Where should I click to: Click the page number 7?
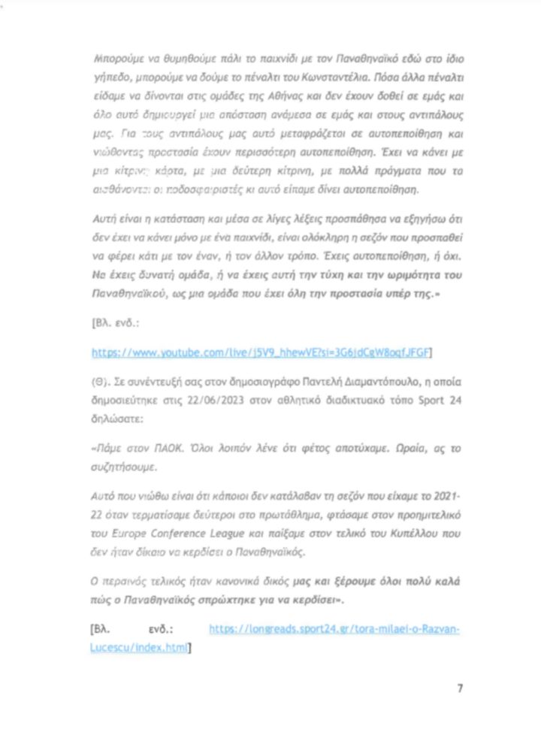coord(460,688)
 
